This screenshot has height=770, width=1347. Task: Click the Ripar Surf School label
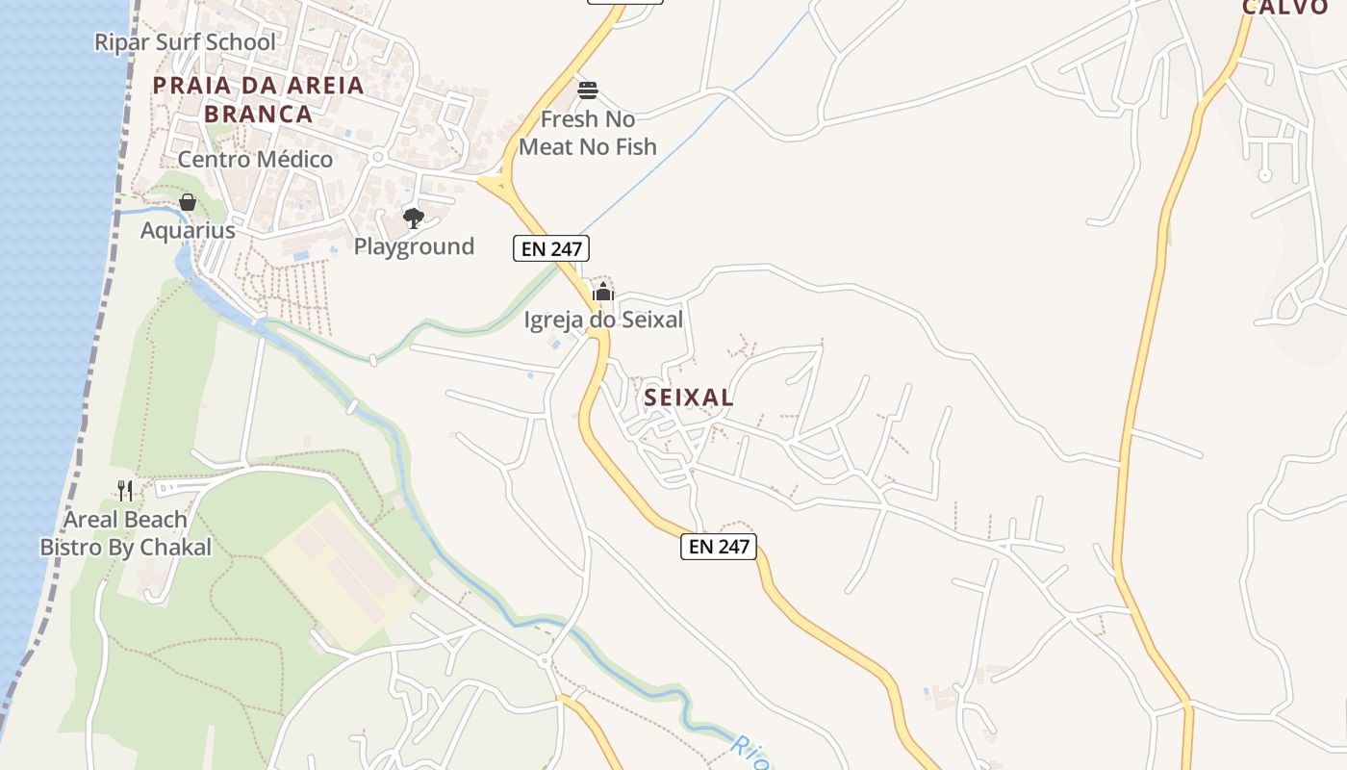(185, 42)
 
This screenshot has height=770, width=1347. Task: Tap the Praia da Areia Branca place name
(259, 99)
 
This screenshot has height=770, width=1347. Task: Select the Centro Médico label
(255, 160)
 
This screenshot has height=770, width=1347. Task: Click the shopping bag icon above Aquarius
(188, 202)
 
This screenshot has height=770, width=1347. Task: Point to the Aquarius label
(188, 231)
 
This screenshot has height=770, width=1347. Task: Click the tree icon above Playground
(414, 218)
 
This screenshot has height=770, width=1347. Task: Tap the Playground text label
(414, 246)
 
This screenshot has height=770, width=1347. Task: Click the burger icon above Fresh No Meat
(588, 90)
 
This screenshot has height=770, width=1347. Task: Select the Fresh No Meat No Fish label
(588, 133)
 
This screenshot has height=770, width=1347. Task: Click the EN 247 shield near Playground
(550, 248)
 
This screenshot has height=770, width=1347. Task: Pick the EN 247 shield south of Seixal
(719, 547)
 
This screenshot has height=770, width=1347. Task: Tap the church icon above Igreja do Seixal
(603, 292)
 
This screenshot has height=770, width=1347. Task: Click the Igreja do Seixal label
(603, 320)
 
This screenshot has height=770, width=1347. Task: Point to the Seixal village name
(689, 397)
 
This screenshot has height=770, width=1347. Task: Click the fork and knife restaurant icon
(125, 491)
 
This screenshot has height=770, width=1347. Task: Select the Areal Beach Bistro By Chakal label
(125, 534)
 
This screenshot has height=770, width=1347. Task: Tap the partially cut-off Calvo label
(1285, 8)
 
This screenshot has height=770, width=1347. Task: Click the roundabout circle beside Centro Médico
(378, 156)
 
